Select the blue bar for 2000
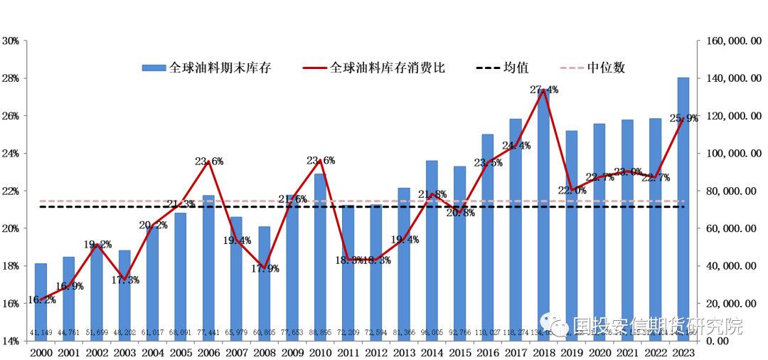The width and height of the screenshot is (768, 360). (41, 302)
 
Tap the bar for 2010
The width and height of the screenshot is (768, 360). (320, 257)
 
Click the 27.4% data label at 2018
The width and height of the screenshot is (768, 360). (544, 90)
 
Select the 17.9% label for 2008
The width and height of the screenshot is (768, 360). (265, 268)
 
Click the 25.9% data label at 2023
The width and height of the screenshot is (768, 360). (684, 119)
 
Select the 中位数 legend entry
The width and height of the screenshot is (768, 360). (606, 68)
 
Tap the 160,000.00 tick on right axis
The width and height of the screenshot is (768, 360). (732, 41)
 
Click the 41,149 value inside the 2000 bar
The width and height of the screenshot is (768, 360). (41, 333)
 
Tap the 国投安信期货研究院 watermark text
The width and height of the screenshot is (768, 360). (657, 327)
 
